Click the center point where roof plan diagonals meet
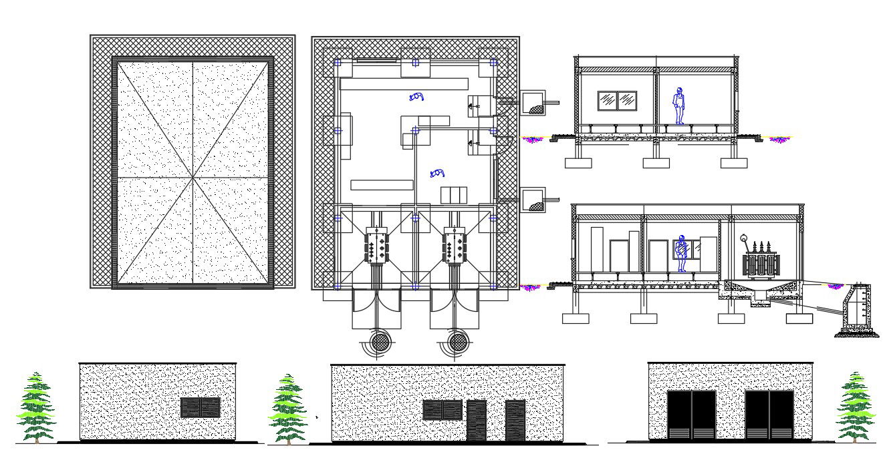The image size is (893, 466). pyautogui.click(x=193, y=178)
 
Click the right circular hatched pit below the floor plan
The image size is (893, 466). pyautogui.click(x=458, y=342)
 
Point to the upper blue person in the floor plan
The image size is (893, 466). pyautogui.click(x=417, y=97)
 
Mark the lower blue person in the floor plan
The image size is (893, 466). pyautogui.click(x=438, y=173)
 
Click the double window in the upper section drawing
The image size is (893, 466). pyautogui.click(x=618, y=100)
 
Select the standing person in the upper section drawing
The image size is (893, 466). pyautogui.click(x=679, y=105)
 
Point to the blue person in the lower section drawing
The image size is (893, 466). pyautogui.click(x=682, y=253)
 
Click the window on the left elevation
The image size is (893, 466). pyautogui.click(x=201, y=407)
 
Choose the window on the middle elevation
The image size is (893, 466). pyautogui.click(x=442, y=410)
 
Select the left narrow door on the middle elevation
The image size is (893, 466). pyautogui.click(x=477, y=421)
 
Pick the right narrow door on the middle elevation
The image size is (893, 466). pyautogui.click(x=515, y=421)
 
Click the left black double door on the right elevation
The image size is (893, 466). pyautogui.click(x=691, y=415)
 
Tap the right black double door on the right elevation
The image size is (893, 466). pyautogui.click(x=769, y=415)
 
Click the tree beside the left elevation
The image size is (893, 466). pyautogui.click(x=37, y=407)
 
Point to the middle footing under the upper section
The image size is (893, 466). pyautogui.click(x=656, y=162)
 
